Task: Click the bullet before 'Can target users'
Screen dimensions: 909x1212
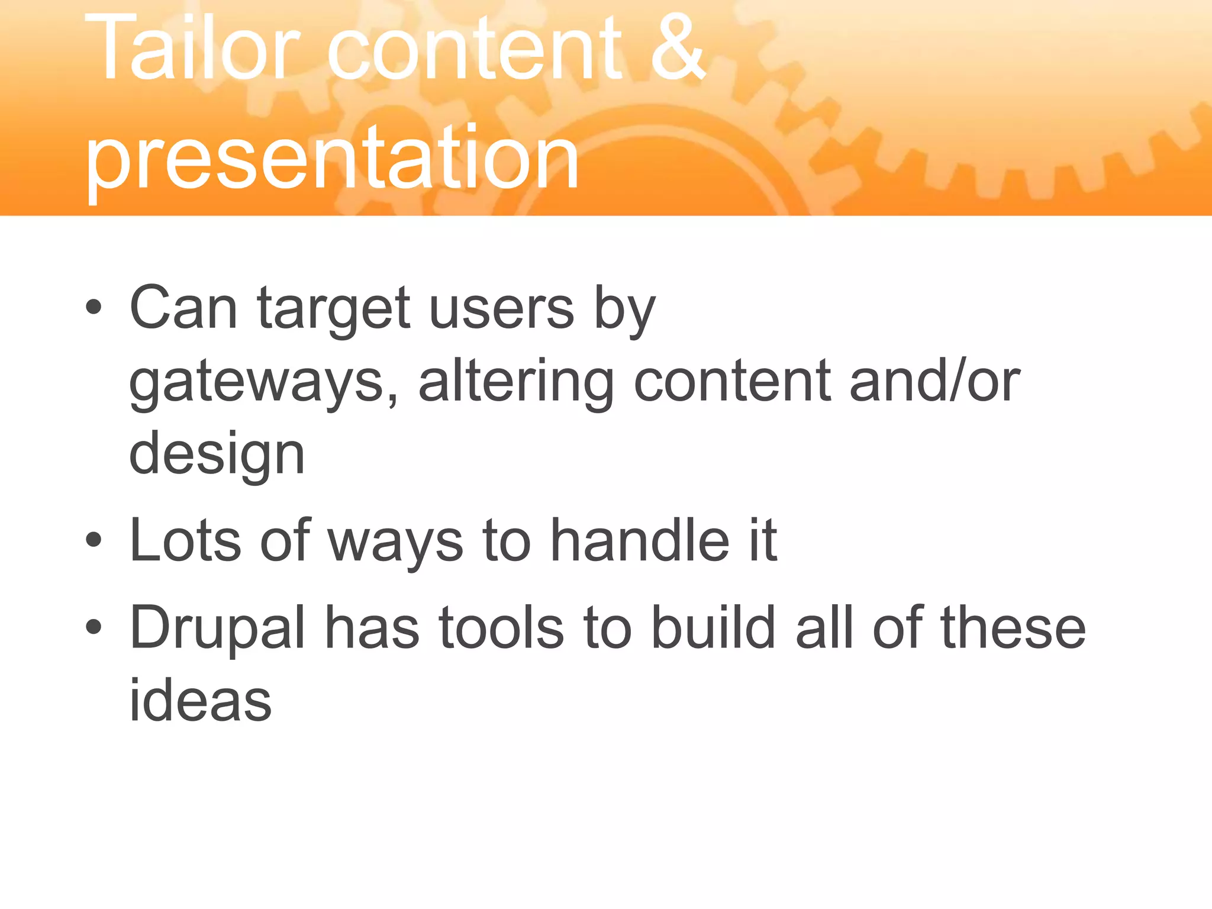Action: [94, 307]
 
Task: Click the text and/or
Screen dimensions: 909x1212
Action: [934, 381]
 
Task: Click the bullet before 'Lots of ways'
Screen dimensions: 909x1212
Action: [94, 540]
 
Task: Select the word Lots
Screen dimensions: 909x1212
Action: [185, 540]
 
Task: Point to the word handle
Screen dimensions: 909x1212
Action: [640, 540]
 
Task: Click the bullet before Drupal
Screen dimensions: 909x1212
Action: [94, 627]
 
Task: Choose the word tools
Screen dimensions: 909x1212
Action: [501, 627]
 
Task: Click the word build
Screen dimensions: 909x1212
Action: [713, 627]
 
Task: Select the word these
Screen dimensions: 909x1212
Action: [1013, 627]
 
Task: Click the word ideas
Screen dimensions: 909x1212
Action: [200, 700]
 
